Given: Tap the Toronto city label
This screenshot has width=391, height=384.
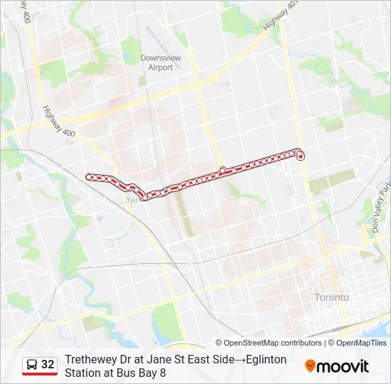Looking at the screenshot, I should [332, 297].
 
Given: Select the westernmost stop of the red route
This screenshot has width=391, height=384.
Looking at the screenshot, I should [89, 176].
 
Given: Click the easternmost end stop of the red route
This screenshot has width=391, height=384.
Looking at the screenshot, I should [301, 156].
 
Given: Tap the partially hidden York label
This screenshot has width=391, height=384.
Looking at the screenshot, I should [131, 200].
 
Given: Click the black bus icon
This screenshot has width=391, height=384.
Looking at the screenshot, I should [32, 365].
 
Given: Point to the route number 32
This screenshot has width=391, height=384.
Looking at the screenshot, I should [48, 365].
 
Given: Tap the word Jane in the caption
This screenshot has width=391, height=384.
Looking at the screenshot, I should [154, 360].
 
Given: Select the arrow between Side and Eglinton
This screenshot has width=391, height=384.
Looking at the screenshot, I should [239, 360].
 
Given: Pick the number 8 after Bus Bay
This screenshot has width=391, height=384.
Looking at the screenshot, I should [163, 373].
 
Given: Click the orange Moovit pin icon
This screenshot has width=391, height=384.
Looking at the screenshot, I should [310, 366].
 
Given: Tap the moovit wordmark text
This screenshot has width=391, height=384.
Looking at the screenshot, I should [343, 366].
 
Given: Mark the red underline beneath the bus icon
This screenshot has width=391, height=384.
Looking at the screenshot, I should [40, 375].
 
